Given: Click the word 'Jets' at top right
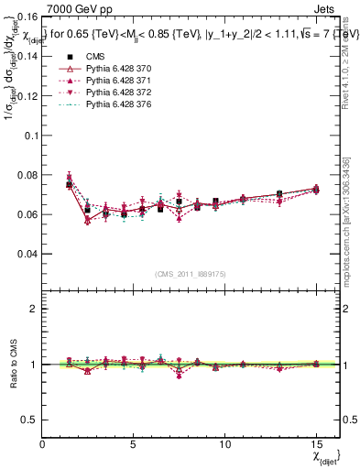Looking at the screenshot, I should pyautogui.click(x=327, y=7).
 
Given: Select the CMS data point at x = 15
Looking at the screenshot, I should pyautogui.click(x=316, y=189).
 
